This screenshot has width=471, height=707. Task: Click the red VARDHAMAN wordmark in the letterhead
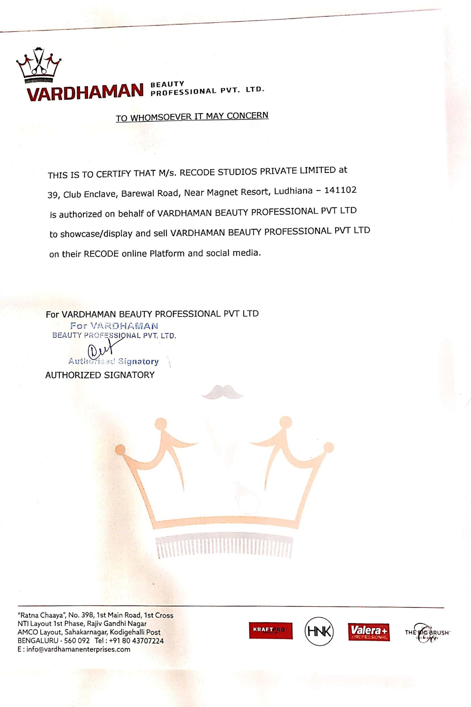(85, 92)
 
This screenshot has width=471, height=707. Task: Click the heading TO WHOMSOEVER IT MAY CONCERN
(192, 116)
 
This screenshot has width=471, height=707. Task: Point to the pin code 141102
(340, 190)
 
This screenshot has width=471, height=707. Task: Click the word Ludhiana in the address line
(293, 191)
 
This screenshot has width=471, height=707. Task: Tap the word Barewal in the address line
(139, 193)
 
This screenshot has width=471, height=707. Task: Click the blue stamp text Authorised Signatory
(113, 361)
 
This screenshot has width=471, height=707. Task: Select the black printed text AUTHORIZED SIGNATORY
(100, 375)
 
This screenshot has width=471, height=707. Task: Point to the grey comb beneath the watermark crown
(224, 547)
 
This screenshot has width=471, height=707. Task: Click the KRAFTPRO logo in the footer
(271, 630)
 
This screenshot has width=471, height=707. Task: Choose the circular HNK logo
(319, 631)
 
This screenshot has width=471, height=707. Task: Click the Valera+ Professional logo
(369, 632)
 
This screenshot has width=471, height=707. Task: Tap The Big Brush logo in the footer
(427, 633)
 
